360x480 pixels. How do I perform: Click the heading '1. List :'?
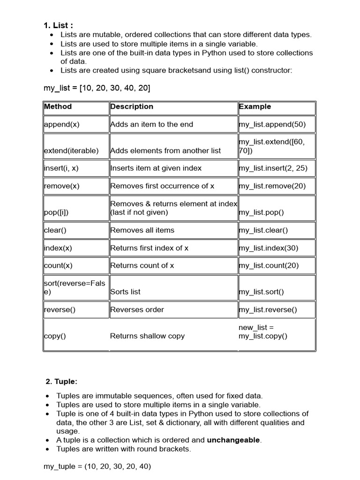(x=58, y=26)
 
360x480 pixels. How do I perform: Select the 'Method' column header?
(x=58, y=106)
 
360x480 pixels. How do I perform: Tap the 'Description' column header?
(x=132, y=106)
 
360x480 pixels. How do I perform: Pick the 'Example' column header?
(x=255, y=106)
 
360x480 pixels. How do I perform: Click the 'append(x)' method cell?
(x=62, y=124)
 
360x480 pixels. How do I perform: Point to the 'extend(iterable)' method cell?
(x=71, y=150)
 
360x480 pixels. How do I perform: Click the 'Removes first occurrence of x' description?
(x=162, y=186)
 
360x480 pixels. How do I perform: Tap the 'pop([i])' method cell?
(x=56, y=212)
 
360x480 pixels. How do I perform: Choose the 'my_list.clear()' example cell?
(x=263, y=230)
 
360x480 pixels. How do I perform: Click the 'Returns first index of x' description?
(x=149, y=248)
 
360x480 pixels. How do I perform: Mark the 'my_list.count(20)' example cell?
(x=269, y=265)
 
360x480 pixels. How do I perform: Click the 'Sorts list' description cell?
(x=125, y=292)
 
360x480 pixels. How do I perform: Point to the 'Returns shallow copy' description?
(x=147, y=336)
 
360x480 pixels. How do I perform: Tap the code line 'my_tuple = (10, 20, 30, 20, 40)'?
(x=97, y=467)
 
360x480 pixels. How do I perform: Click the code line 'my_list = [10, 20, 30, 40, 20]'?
(x=97, y=88)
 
